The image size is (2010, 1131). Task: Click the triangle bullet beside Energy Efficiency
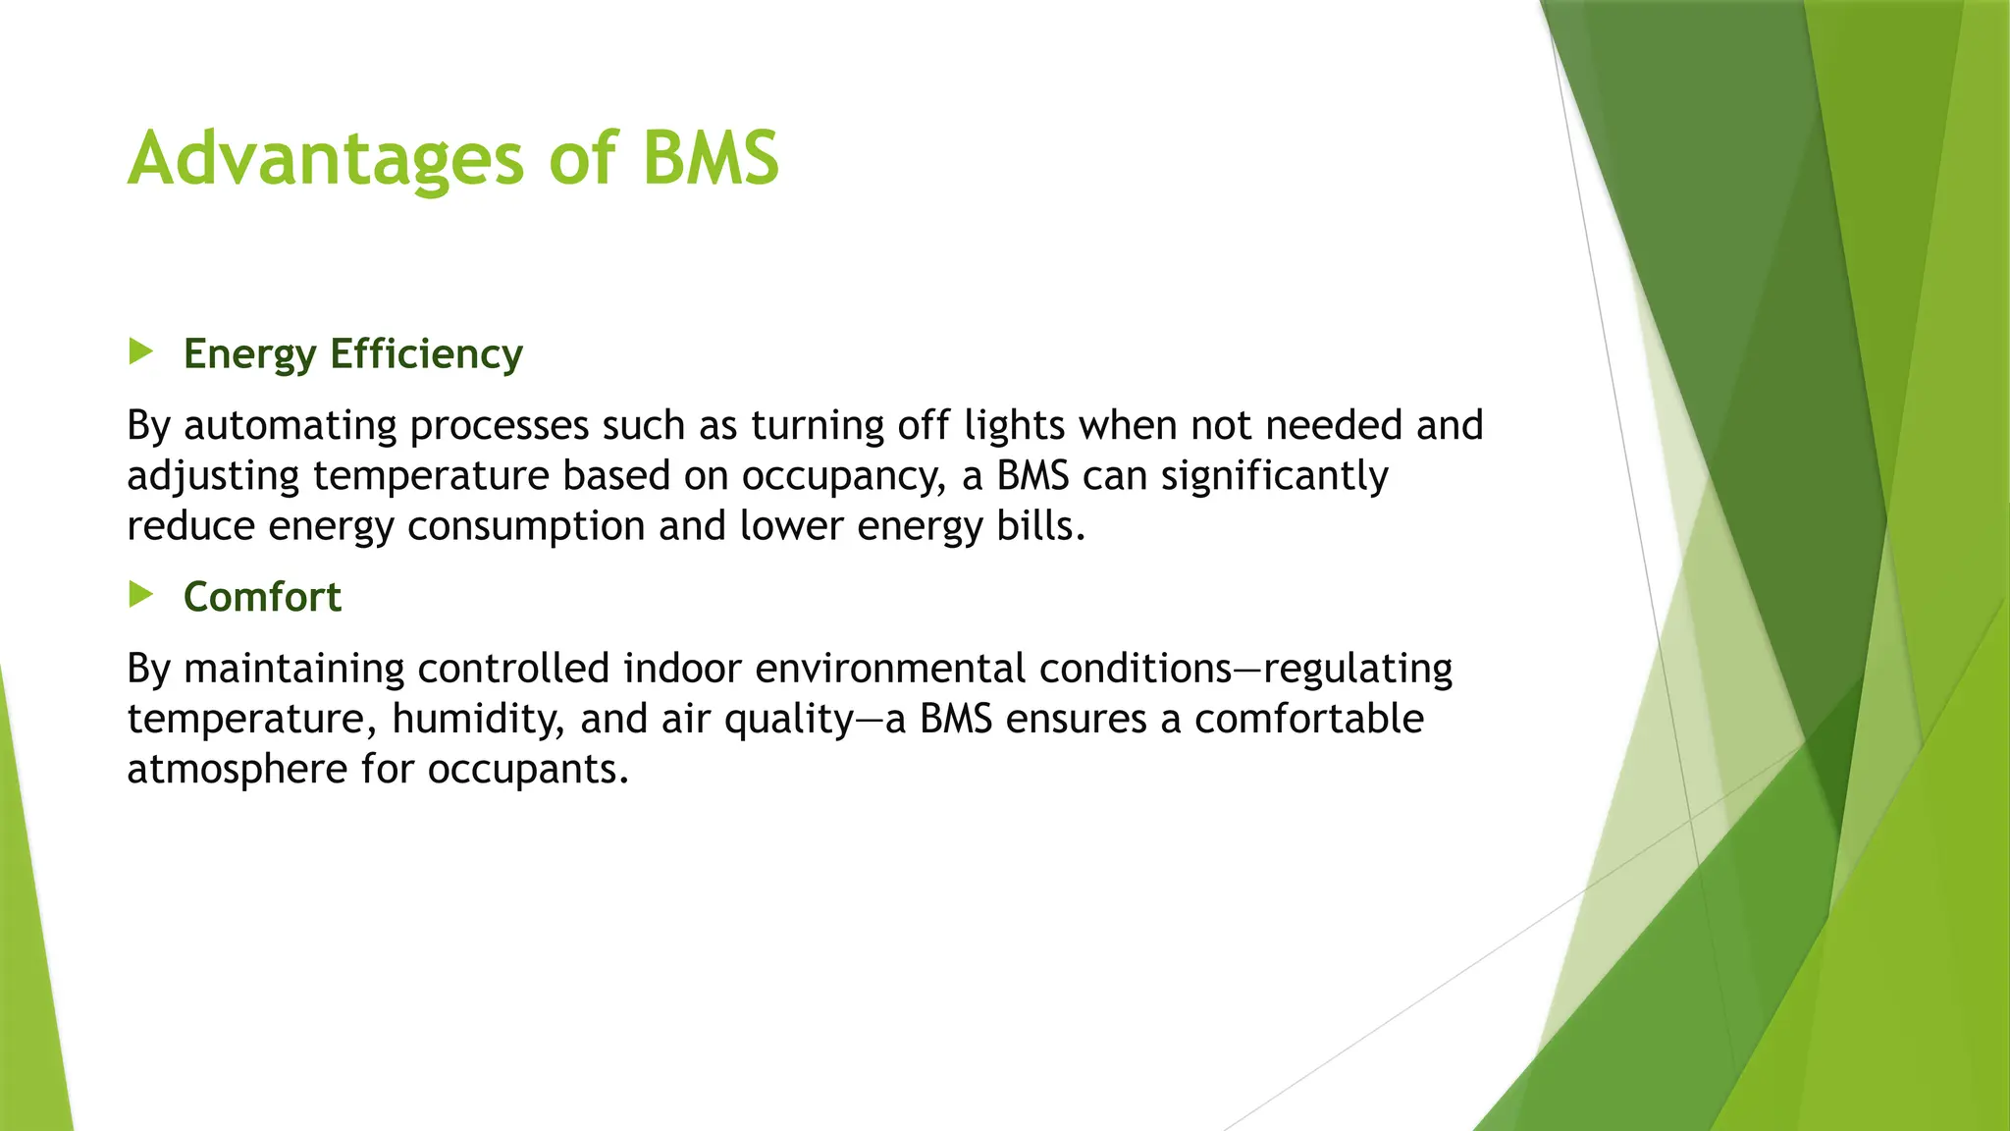141,351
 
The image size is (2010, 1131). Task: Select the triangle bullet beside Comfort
141,594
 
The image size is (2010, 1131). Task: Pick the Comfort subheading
262,597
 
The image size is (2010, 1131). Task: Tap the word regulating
1357,670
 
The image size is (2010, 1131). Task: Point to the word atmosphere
238,770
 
